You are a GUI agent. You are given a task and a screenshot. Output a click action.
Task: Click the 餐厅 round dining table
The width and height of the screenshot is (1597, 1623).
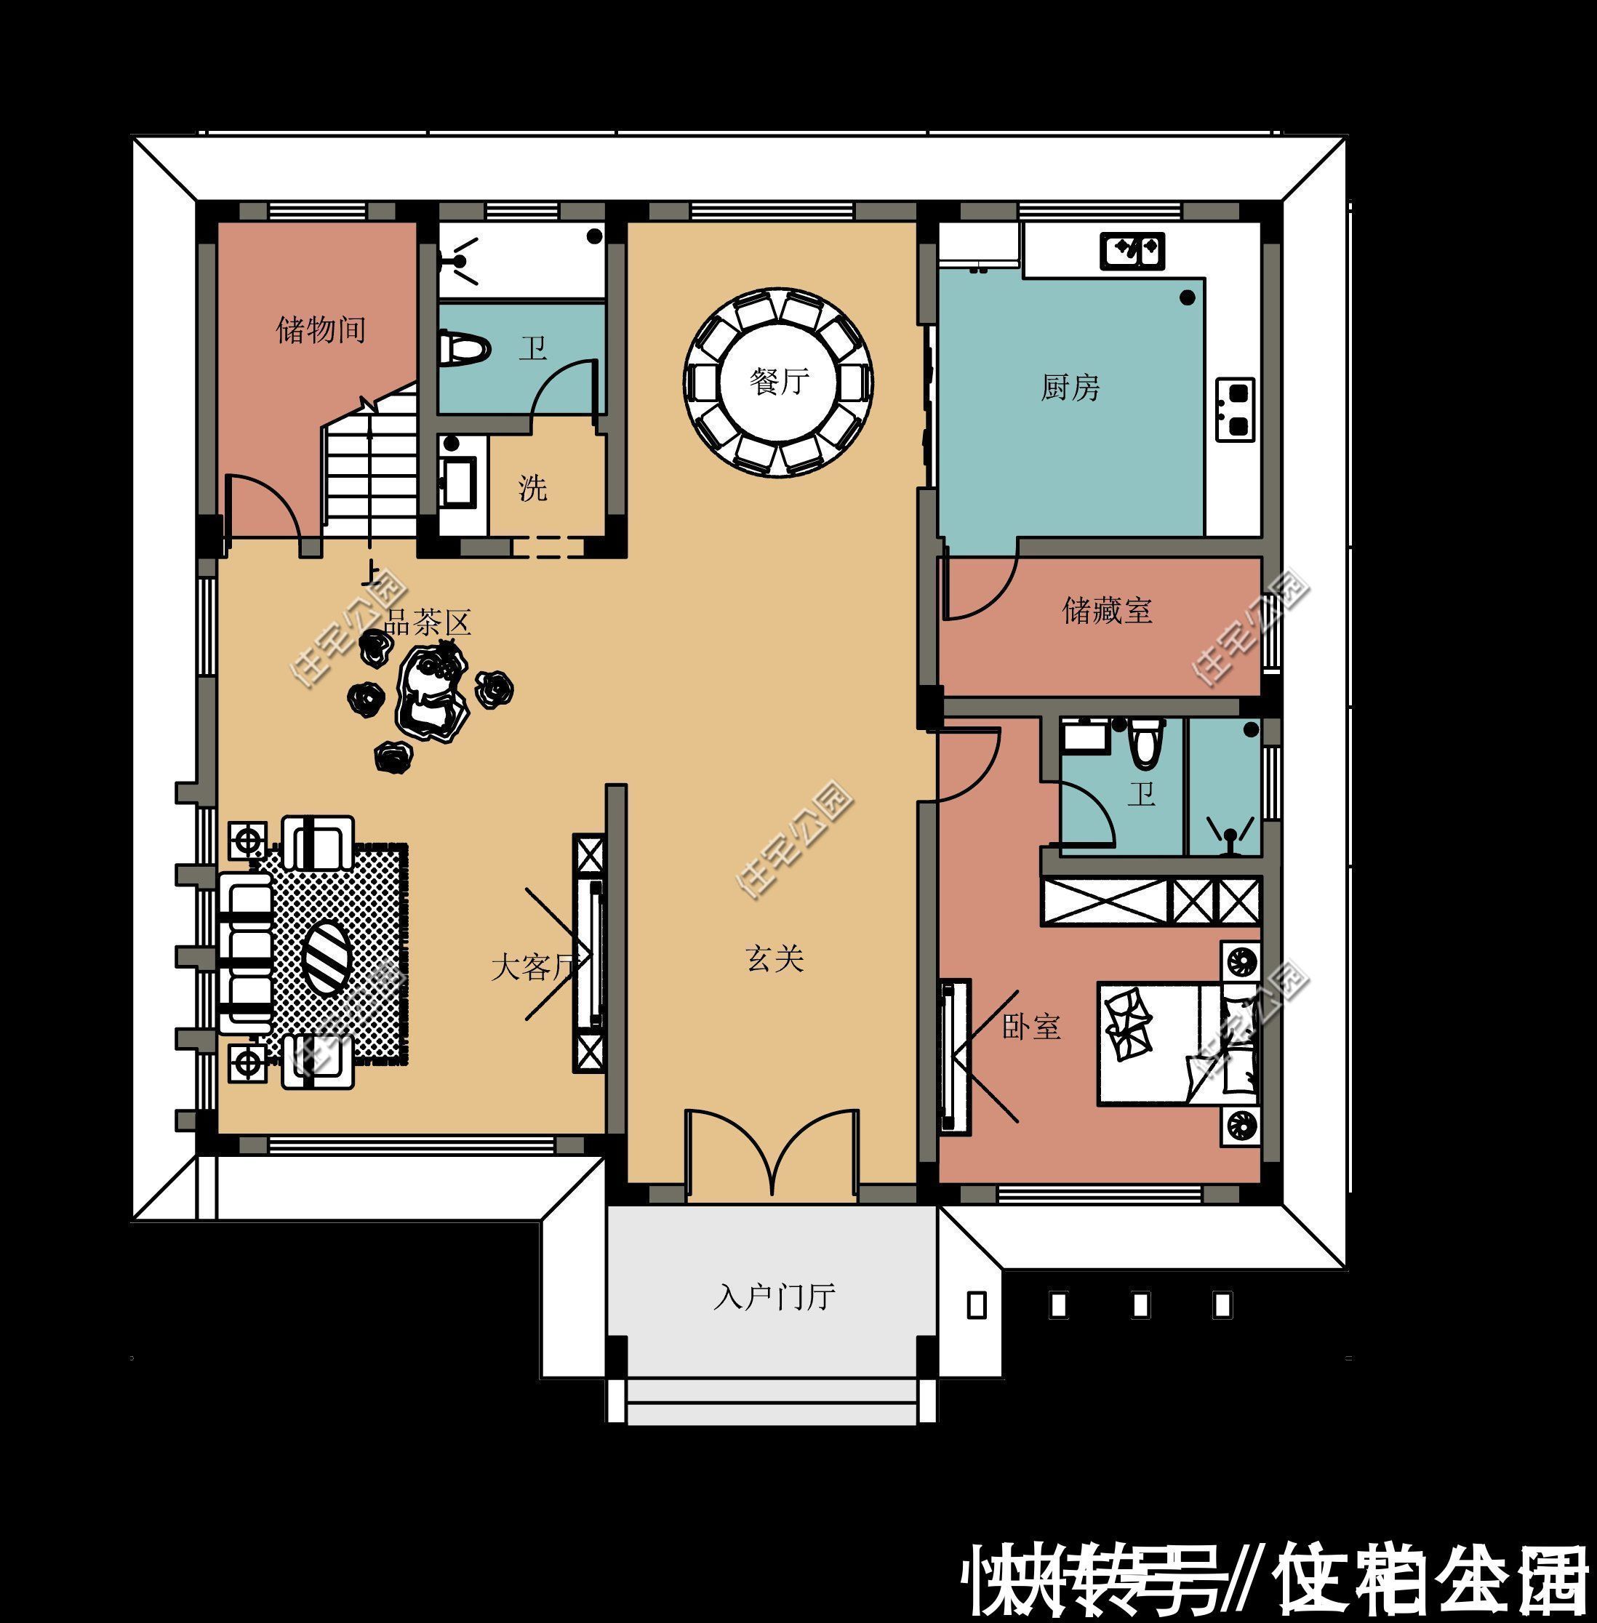pos(778,383)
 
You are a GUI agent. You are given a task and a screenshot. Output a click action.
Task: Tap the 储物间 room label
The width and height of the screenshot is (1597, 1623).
pos(321,329)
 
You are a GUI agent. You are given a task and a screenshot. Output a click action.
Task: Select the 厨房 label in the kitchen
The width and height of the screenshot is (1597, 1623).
pos(1070,388)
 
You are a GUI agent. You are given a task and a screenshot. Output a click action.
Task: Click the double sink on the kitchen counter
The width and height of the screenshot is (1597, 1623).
pos(1132,250)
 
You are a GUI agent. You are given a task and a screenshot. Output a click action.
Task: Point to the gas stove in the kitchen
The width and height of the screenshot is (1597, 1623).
pos(1235,409)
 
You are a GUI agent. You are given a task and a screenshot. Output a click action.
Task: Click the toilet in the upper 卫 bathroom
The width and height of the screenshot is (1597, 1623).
pos(464,349)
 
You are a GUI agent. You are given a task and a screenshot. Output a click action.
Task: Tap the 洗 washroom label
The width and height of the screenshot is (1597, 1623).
pos(532,487)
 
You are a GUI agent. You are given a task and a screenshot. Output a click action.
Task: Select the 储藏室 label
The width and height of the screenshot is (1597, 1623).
pos(1106,611)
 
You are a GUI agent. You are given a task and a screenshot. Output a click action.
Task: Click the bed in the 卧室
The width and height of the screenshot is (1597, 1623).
pos(1174,1043)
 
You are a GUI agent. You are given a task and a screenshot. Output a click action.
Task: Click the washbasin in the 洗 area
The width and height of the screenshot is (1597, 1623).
pos(459,481)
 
